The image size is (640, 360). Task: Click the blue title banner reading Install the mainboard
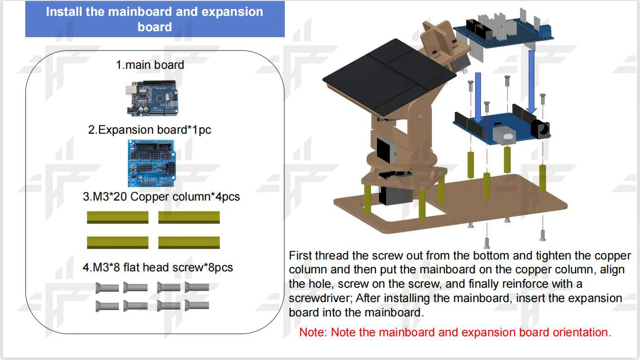155,19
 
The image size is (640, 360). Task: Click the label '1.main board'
150,64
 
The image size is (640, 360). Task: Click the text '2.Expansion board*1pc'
150,130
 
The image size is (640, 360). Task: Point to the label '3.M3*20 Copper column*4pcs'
161,197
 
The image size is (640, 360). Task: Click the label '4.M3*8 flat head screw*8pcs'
158,268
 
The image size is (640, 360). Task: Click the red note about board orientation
455,332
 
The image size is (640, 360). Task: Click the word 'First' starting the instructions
300,256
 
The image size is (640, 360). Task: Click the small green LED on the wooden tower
395,154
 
